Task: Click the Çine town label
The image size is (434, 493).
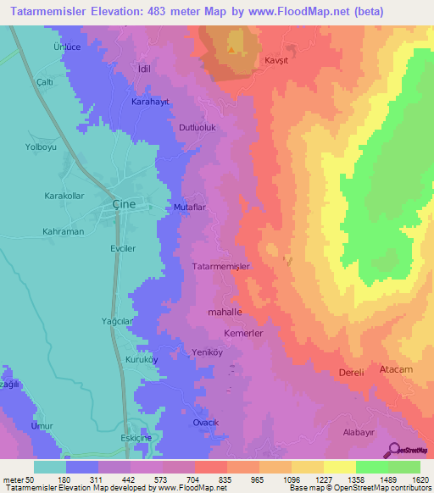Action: tap(125, 205)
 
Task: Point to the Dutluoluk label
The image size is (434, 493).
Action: tap(198, 128)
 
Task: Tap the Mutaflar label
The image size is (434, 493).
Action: tap(191, 206)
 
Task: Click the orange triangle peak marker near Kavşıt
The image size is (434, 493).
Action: tap(231, 49)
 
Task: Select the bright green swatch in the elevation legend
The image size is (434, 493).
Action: tap(371, 467)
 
